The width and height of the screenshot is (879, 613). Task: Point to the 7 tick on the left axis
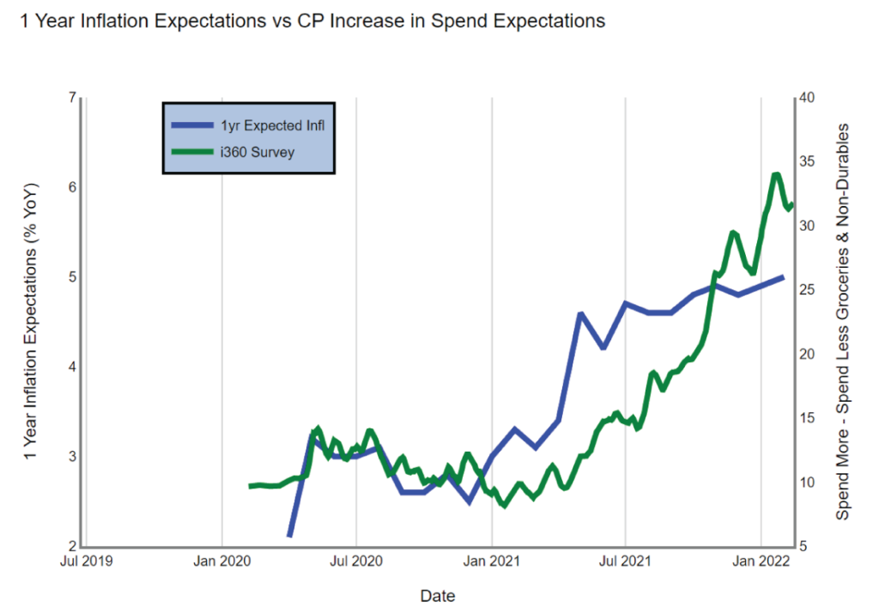pyautogui.click(x=70, y=97)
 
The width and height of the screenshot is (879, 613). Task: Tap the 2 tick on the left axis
pyautogui.click(x=70, y=546)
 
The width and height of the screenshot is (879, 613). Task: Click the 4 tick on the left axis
pyautogui.click(x=70, y=367)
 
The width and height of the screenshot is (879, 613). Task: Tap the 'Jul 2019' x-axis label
pyautogui.click(x=87, y=562)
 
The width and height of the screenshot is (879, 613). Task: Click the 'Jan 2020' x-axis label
pyautogui.click(x=222, y=562)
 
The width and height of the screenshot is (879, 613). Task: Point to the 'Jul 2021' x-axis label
pyautogui.click(x=626, y=562)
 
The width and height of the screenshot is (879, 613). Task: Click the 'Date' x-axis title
pyautogui.click(x=438, y=596)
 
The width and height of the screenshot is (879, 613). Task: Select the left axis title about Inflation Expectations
pyautogui.click(x=32, y=322)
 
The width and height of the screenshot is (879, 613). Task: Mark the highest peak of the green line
pyautogui.click(x=776, y=175)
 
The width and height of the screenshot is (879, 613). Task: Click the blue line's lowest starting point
pyautogui.click(x=289, y=536)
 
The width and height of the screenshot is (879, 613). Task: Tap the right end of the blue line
pyautogui.click(x=782, y=277)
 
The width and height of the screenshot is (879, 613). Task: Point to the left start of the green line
pyautogui.click(x=251, y=486)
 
